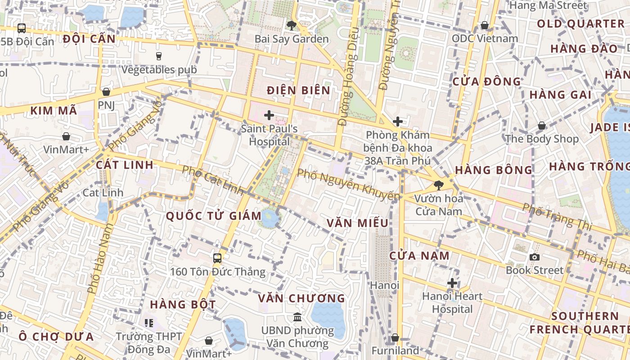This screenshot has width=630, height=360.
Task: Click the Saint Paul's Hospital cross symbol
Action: tap(269, 115)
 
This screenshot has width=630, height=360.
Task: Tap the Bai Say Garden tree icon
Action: tap(292, 25)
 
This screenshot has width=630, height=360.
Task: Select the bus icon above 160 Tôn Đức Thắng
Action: tap(217, 258)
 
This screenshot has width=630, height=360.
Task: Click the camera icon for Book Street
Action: tap(535, 257)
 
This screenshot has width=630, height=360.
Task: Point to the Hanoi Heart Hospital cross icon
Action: tap(452, 283)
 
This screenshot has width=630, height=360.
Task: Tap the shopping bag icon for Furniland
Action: tap(395, 337)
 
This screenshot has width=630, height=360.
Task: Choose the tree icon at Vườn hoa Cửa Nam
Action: tap(438, 185)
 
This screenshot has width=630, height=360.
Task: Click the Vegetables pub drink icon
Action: tap(158, 56)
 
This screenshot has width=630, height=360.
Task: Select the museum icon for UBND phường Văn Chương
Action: tap(297, 317)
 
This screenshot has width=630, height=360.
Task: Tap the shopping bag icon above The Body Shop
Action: tap(542, 126)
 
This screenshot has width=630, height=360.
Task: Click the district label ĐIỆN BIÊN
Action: tap(298, 90)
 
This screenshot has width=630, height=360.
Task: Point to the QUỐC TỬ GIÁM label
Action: tap(214, 216)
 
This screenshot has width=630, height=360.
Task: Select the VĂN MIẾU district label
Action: tap(357, 223)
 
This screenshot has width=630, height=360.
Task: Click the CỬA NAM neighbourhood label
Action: tap(419, 256)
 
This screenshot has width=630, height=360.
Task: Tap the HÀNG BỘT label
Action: tap(183, 304)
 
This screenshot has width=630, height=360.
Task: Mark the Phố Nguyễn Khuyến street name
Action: tap(348, 184)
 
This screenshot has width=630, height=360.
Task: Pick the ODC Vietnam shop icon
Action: tap(485, 25)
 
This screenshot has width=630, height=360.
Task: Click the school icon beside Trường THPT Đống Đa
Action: tap(149, 323)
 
